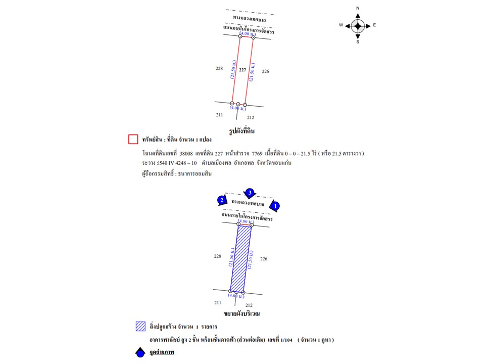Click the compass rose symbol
(358, 25)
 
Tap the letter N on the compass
(358, 9)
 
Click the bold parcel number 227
(243, 70)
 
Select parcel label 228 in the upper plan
(219, 68)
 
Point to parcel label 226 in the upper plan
(265, 72)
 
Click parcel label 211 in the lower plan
(218, 302)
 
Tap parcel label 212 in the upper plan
(251, 117)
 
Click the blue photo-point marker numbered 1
(274, 206)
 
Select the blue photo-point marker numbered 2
(221, 200)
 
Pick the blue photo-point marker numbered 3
(249, 193)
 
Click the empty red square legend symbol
(133, 139)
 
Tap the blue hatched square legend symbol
(140, 326)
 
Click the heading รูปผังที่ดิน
(241, 131)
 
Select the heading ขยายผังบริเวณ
(242, 313)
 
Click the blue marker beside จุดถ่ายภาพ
(140, 352)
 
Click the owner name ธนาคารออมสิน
(195, 173)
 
